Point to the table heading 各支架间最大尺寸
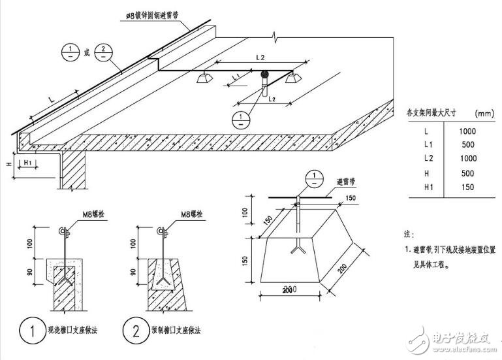coord(432,112)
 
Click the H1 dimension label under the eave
coord(28,161)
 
